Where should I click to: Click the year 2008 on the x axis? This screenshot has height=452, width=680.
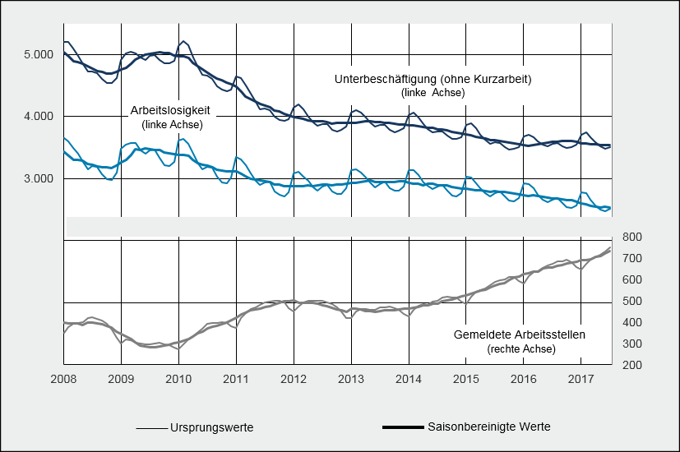[64, 380]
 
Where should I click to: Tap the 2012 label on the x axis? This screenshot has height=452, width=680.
[294, 380]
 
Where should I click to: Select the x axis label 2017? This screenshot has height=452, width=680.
[581, 380]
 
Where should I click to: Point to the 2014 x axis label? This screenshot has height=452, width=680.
[409, 380]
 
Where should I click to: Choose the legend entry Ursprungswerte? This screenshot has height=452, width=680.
[211, 428]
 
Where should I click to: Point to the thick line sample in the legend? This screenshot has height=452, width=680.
[402, 428]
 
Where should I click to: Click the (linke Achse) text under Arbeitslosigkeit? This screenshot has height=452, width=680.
[172, 124]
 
